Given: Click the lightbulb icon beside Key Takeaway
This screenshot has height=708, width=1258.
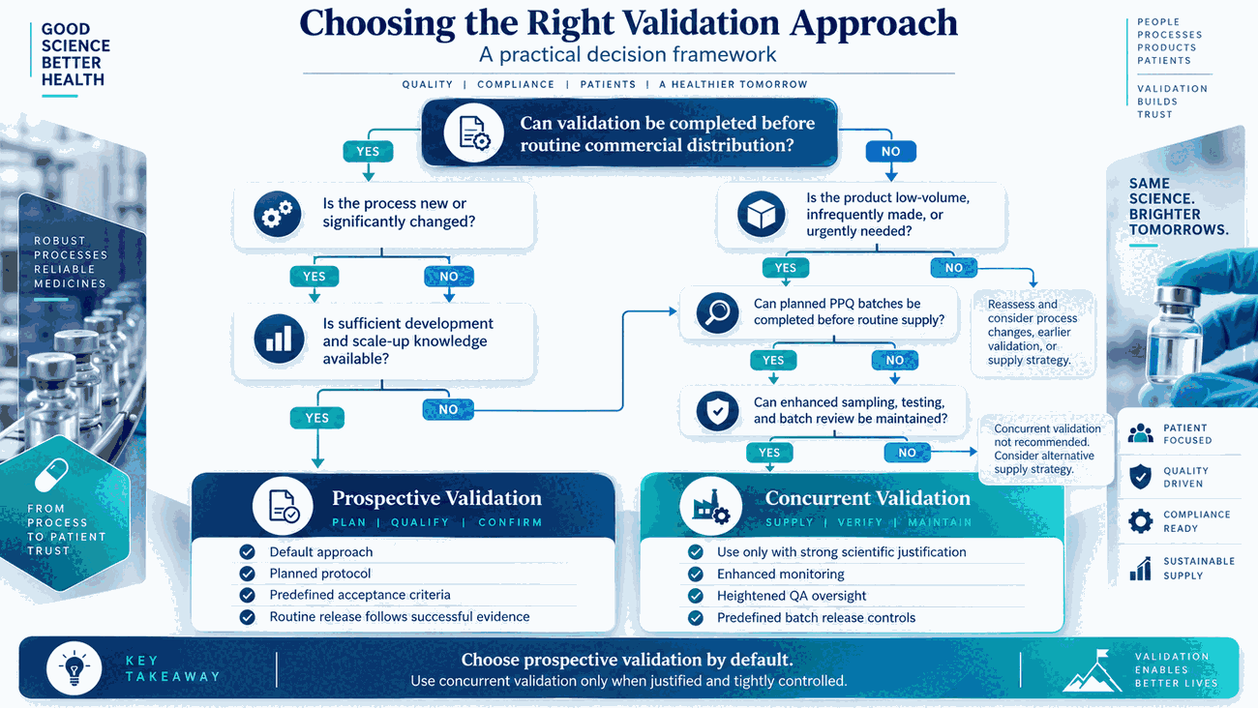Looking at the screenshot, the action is click(75, 668).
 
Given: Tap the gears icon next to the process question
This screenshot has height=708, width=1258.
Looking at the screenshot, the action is click(277, 214).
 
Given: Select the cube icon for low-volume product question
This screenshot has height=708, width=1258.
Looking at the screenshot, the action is click(761, 214).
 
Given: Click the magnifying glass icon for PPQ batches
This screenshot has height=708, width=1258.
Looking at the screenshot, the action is click(717, 312).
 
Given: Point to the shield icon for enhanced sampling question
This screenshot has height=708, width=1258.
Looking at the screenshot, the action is click(717, 411).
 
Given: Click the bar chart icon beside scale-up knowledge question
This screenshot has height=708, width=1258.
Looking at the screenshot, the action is click(279, 339).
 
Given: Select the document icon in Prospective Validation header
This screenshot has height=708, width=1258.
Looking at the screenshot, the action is click(283, 505).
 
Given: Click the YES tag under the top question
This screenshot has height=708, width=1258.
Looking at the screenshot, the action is click(368, 152).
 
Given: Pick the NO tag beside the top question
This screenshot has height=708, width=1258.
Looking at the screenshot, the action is click(890, 152).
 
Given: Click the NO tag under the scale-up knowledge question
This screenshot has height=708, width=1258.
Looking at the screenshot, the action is click(448, 409).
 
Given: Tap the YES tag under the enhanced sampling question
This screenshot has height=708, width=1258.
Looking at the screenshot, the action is click(769, 453).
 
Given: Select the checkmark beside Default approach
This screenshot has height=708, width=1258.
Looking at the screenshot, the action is click(247, 552).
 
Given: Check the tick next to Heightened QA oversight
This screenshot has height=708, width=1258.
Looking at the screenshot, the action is click(695, 596).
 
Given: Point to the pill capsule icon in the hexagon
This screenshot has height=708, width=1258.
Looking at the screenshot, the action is click(51, 475).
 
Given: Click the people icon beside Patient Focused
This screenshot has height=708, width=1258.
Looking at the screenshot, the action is click(1141, 433).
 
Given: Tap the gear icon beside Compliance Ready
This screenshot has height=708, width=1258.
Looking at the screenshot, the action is click(1141, 521).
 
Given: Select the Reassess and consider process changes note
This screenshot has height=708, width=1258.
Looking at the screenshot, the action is click(1033, 333).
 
